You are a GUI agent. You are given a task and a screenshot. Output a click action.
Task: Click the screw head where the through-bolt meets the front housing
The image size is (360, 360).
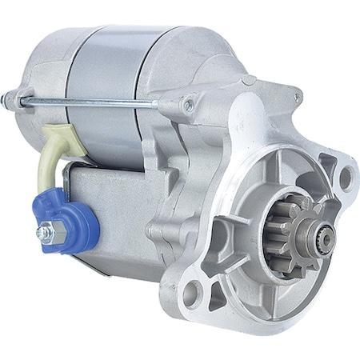point(189,104)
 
